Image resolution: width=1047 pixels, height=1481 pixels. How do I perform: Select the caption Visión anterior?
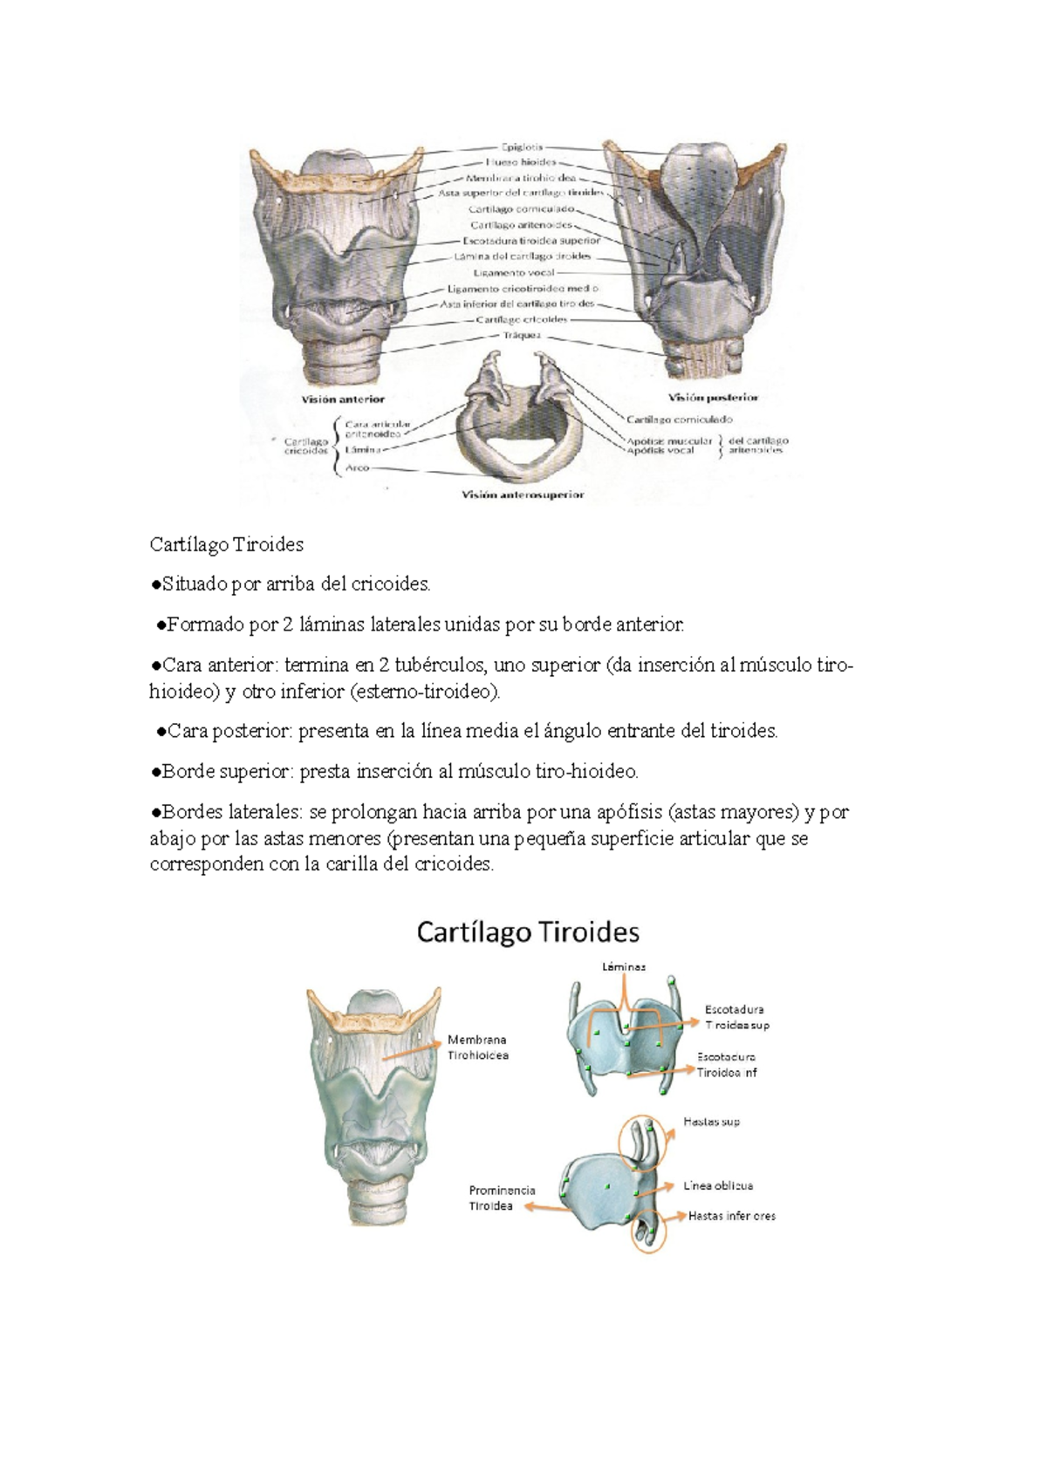coord(343,399)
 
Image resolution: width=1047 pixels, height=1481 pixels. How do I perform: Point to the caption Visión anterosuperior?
coord(523,495)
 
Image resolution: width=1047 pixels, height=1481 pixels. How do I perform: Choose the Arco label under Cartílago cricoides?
coord(358,468)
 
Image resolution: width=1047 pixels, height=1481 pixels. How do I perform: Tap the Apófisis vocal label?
coord(668,451)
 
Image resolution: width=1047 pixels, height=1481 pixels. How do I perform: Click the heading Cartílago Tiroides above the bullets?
coord(227,545)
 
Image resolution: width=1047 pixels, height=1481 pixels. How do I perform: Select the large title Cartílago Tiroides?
coord(528,932)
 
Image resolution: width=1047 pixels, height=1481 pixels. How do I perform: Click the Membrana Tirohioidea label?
coord(477,1047)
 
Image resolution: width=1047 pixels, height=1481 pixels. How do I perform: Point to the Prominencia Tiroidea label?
coord(502,1198)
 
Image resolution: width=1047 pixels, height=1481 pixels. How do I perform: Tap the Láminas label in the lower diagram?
coord(624,966)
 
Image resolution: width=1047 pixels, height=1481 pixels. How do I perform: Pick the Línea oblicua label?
coord(719,1186)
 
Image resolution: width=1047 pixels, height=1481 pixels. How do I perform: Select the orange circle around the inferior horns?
coord(646,1232)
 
